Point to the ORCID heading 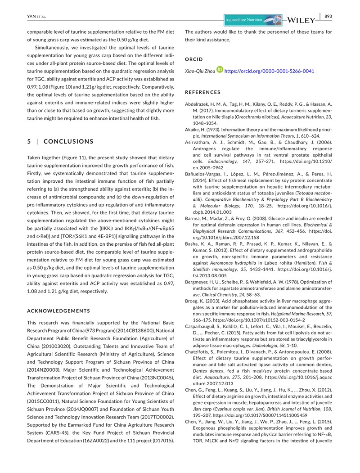pos(194,59)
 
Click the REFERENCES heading pos(203,92)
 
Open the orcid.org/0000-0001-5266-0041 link pos(269,71)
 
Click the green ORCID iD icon pos(220,71)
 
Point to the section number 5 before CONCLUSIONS pos(29,141)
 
